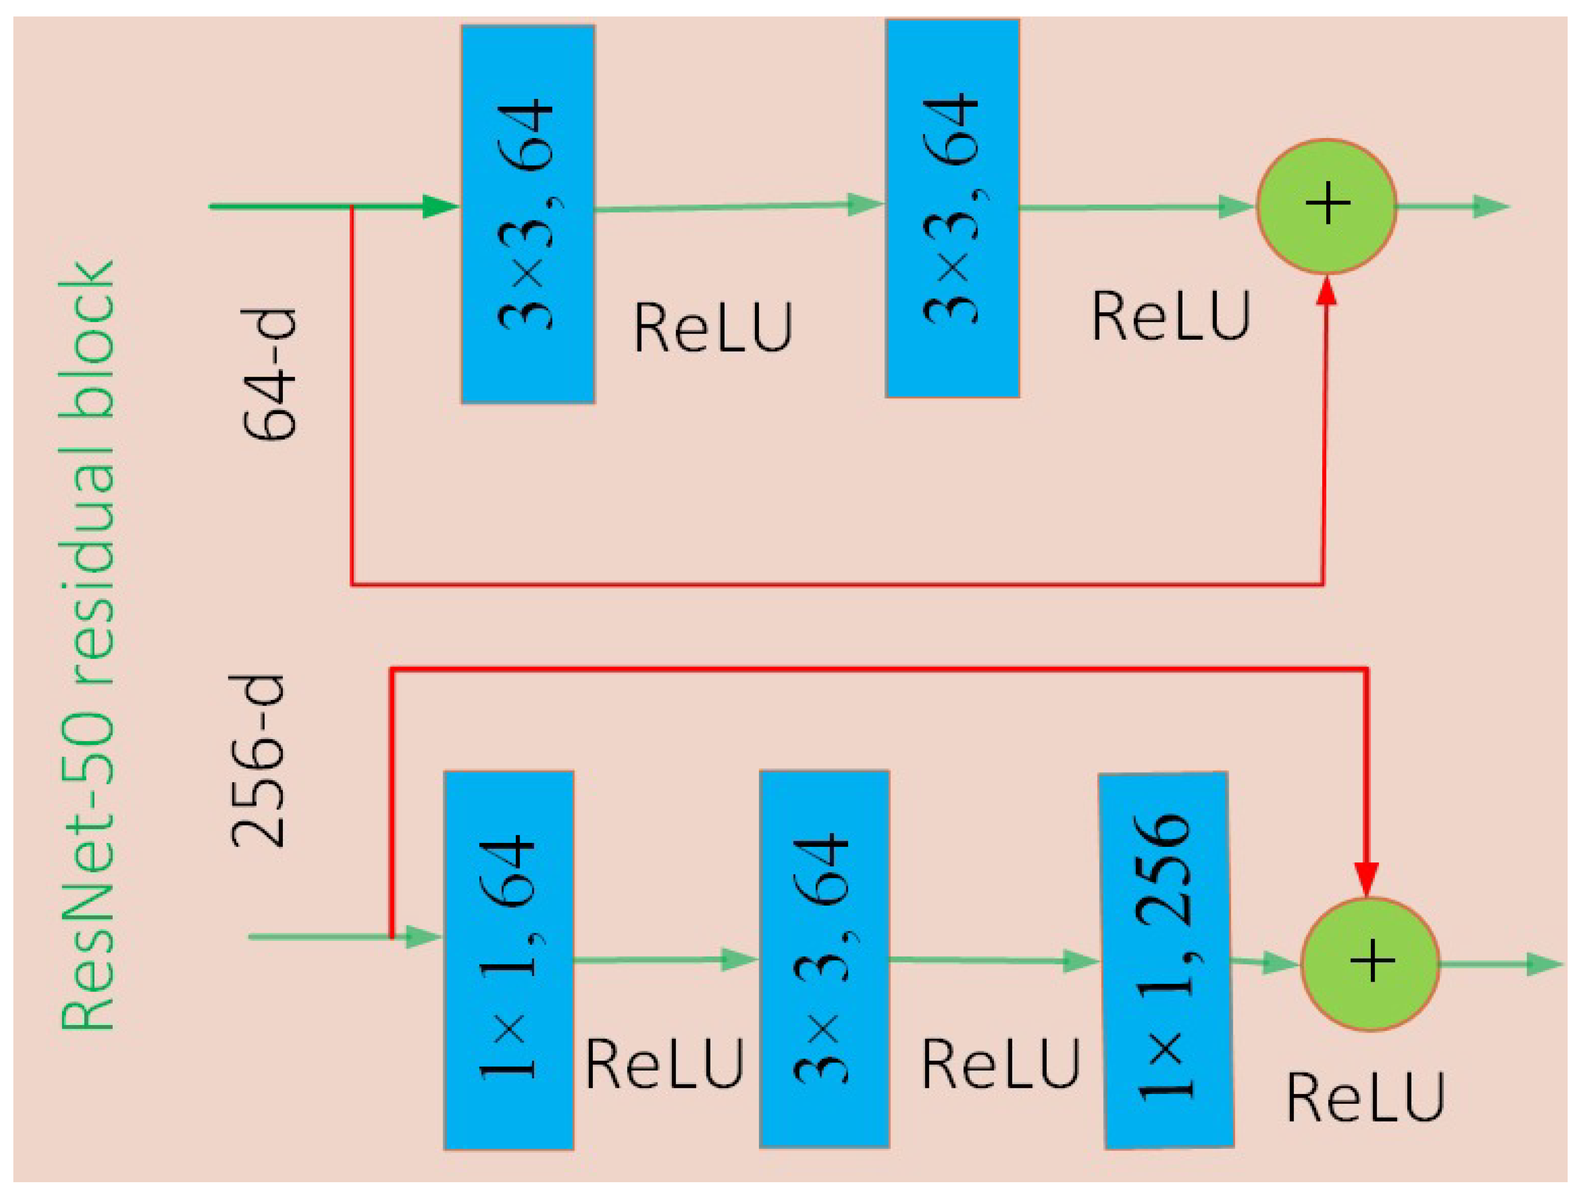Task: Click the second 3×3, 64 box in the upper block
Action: [x=952, y=208]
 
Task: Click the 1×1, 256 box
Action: [x=1166, y=960]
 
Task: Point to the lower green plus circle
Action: [x=1370, y=964]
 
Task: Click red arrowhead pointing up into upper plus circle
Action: [x=1327, y=290]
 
